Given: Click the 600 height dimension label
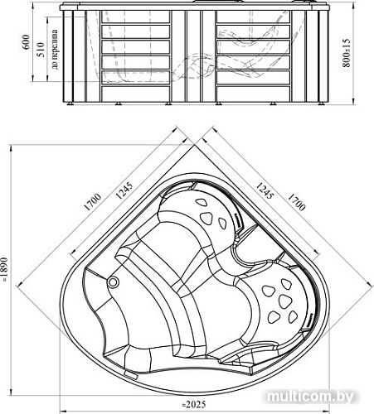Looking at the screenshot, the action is (26, 42).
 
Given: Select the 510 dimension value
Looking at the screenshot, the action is (41, 50).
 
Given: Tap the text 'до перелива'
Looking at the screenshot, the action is (56, 50).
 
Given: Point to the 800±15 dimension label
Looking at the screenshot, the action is (346, 53).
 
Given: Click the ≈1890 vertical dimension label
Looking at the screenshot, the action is (3, 270).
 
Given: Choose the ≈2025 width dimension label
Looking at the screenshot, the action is (194, 405).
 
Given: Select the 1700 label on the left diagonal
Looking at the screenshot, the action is (92, 202).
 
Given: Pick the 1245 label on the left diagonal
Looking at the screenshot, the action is (124, 190).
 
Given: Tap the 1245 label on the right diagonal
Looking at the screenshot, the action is (265, 190).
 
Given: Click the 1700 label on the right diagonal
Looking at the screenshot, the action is (296, 202).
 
